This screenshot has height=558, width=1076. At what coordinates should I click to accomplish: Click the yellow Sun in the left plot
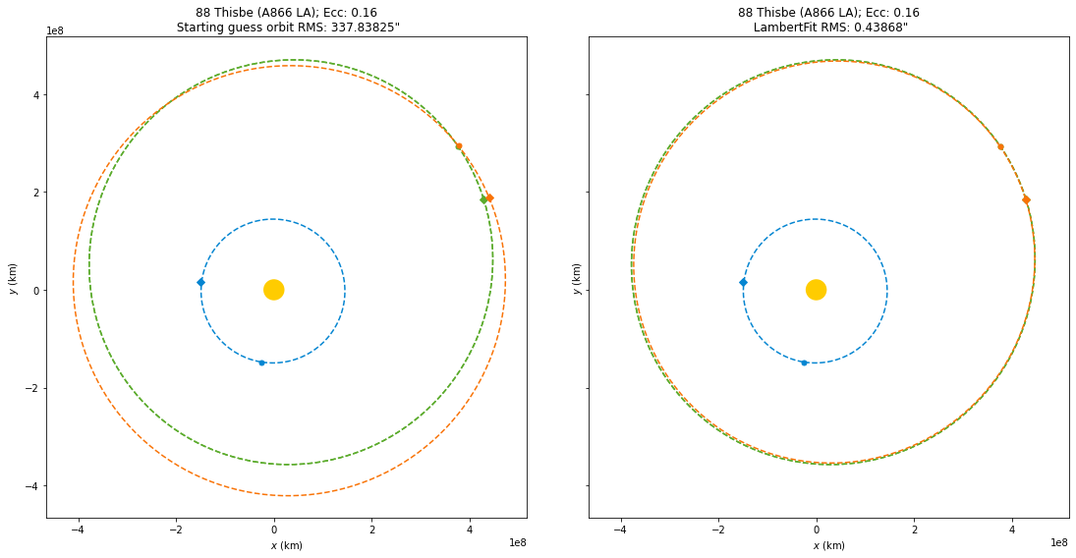[274, 290]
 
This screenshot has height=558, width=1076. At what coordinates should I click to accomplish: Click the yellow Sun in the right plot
[816, 290]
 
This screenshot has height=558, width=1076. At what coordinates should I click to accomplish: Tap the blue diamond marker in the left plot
[200, 283]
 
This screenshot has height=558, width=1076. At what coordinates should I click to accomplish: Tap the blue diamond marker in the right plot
[743, 283]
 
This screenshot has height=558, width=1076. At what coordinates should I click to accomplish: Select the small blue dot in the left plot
[261, 363]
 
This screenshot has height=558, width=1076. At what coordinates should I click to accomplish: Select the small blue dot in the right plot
[804, 363]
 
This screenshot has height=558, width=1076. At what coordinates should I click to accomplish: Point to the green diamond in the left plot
[483, 199]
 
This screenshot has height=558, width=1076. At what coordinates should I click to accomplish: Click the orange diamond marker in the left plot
[489, 197]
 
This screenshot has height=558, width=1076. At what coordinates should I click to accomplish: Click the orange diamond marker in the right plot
[1026, 199]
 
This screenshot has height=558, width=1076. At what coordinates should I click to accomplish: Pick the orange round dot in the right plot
[1000, 147]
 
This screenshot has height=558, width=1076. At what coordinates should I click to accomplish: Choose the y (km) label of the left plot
[13, 277]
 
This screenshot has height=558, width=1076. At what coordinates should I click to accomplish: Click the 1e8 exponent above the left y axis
[57, 30]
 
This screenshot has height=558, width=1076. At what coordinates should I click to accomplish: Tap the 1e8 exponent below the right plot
[1059, 542]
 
